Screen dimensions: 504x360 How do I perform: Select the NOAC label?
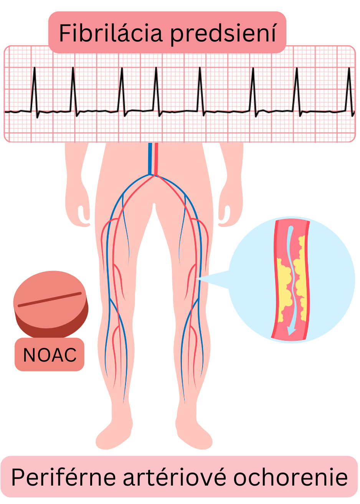[50, 355]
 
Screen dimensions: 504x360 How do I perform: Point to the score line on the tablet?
[50, 300]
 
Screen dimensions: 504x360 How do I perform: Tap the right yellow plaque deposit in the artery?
[301, 276]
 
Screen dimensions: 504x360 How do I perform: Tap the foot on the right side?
[194, 436]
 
